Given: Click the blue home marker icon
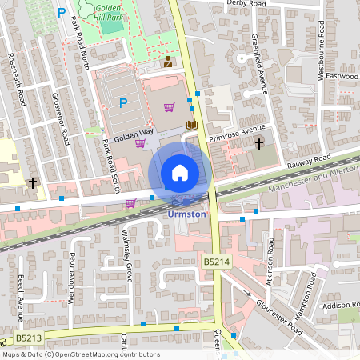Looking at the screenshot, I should [180, 172].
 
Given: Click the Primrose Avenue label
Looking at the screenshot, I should [236, 132].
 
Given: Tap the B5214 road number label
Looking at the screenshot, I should [216, 262].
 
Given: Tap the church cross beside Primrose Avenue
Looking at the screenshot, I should [258, 144].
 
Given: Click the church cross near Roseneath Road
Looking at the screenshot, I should [33, 182].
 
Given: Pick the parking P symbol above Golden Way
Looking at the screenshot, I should [123, 102].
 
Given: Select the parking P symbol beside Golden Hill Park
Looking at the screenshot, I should [62, 14].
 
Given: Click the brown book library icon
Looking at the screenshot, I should [191, 125].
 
